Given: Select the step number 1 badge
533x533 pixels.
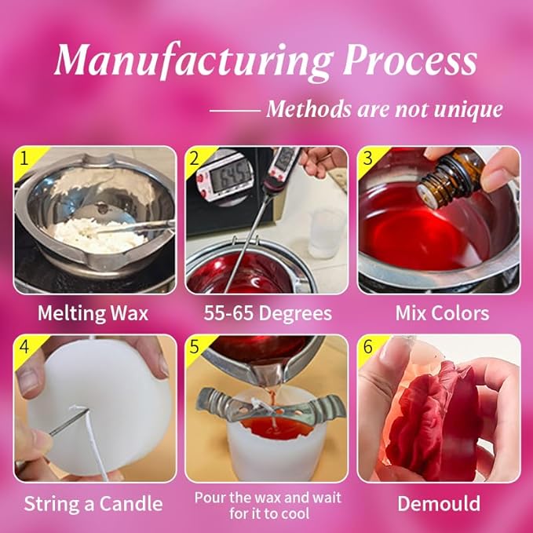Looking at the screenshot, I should pos(25,159).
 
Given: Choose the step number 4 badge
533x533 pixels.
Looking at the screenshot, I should pos(25,348).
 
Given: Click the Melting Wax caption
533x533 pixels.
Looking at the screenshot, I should pos(93,314).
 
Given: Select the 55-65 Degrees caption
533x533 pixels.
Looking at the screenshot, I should pos(266,314).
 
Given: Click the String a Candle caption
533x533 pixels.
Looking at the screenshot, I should pos(93,503).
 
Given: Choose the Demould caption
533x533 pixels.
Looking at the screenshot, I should pos(438,503).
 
